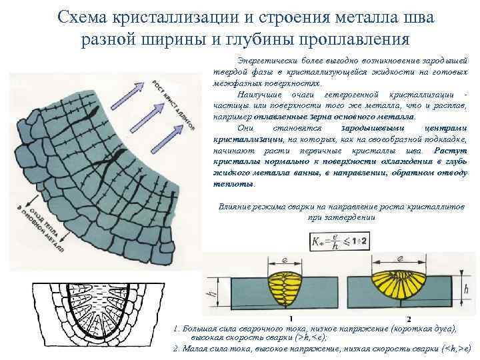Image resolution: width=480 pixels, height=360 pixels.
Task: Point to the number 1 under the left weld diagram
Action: pos(290,318)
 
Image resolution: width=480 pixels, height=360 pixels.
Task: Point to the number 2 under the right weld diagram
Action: pos(408,318)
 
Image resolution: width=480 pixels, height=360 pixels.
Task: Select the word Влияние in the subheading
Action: pos(234,207)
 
